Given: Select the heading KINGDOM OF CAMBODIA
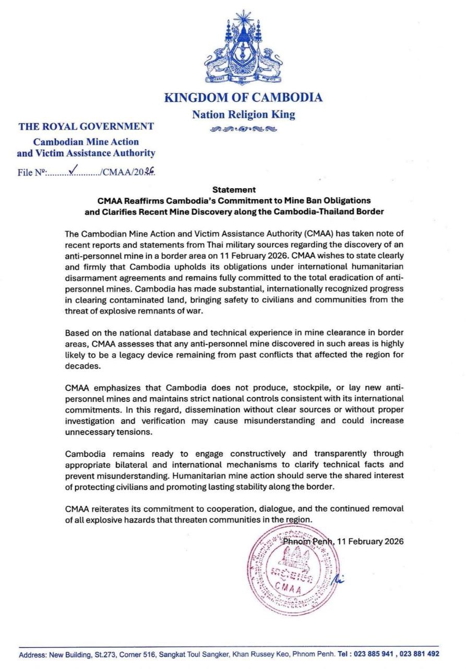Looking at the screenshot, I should [243, 98].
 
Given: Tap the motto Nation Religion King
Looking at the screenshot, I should [243, 114].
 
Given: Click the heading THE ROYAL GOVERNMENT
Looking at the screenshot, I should [86, 126].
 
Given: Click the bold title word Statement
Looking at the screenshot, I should [234, 190].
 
